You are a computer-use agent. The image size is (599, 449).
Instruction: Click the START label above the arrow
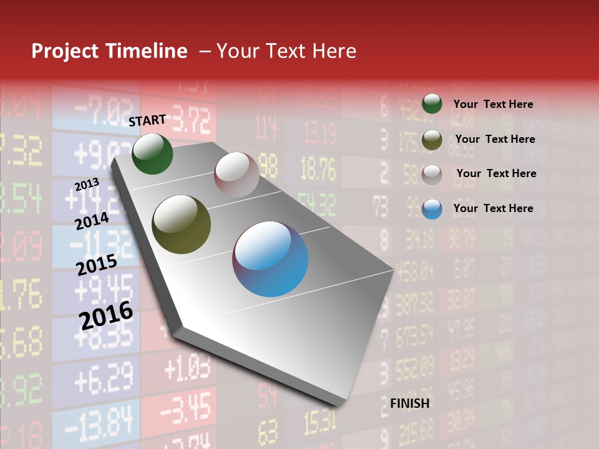click(x=147, y=120)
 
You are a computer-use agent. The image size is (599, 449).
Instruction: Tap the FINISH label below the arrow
click(x=409, y=403)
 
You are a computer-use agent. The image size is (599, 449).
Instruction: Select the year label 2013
click(x=87, y=184)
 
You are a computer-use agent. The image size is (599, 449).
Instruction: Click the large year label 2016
click(x=106, y=315)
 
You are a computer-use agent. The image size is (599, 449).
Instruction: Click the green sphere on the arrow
click(x=152, y=154)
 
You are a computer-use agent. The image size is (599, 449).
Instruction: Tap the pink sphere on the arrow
click(x=236, y=174)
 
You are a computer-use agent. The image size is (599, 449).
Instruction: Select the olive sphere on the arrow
click(x=182, y=224)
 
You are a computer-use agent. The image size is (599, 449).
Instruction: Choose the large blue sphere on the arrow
click(x=270, y=259)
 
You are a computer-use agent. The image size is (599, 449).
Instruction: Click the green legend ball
click(x=432, y=104)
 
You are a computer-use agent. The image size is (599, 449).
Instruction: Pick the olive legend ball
click(x=432, y=140)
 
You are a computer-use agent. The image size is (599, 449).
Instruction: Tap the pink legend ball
click(x=432, y=175)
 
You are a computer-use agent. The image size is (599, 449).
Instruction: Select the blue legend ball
click(x=432, y=209)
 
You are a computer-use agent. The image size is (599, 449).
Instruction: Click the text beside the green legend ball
click(x=493, y=105)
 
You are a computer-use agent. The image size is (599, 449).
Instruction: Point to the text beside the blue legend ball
click(x=493, y=208)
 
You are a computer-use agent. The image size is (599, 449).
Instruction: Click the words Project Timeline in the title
click(x=109, y=51)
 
